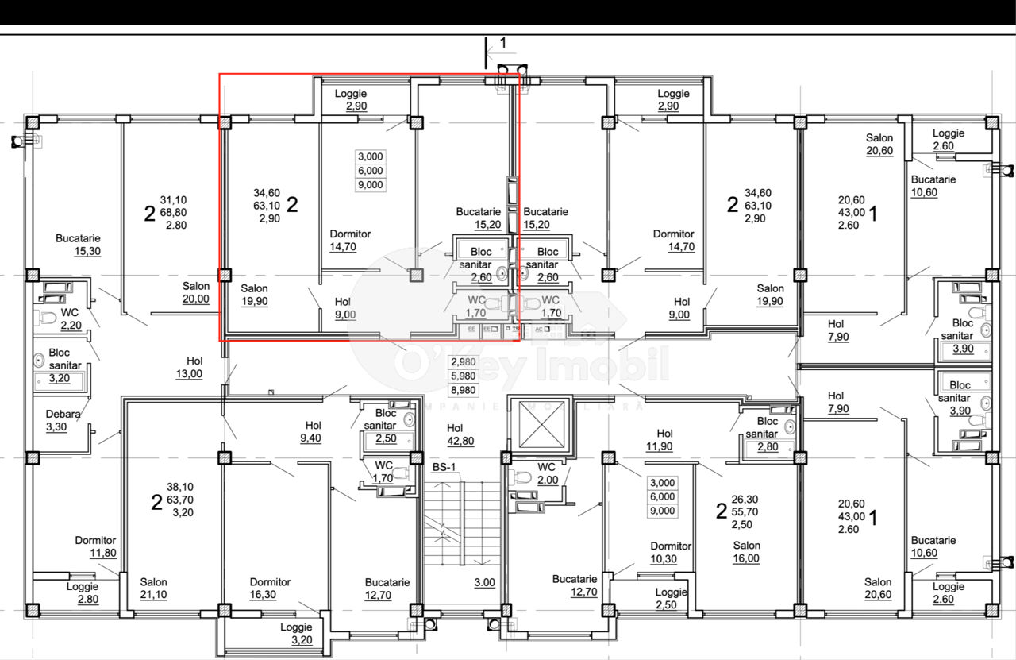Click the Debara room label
click(63, 414)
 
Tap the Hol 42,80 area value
click(460, 442)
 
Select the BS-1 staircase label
click(444, 468)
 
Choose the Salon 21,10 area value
click(153, 595)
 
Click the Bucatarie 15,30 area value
click(87, 251)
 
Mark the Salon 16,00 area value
click(746, 558)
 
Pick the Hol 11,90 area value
click(660, 446)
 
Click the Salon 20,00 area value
click(196, 299)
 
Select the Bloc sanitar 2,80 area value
click(768, 446)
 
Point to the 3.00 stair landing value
click(484, 582)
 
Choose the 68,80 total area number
click(173, 212)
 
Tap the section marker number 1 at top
click(503, 43)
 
